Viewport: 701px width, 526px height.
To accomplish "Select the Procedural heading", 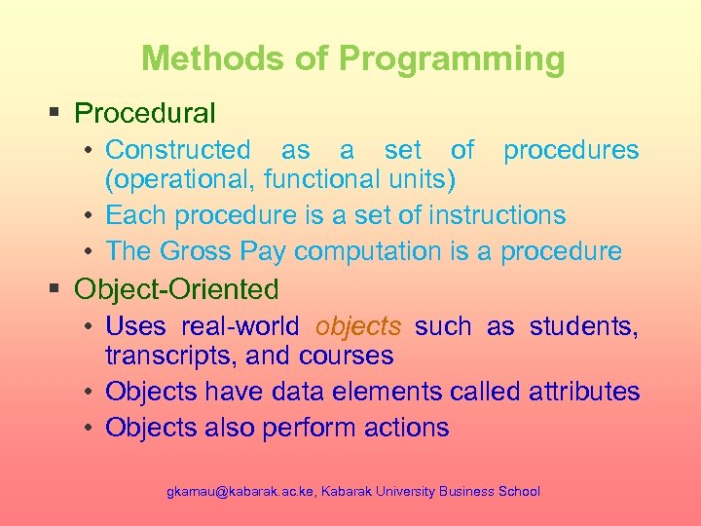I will pos(144,113).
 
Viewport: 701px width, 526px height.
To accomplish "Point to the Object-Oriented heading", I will pos(176,289).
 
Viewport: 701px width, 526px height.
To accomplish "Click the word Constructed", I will pos(177,150).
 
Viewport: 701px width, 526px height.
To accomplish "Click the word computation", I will pos(369,251).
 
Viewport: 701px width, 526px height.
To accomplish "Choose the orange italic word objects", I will pos(358,326).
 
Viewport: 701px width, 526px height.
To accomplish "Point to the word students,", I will pos(584,326).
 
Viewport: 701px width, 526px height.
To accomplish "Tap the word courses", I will pos(347,357).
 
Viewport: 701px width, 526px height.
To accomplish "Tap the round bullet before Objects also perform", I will pos(88,427).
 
